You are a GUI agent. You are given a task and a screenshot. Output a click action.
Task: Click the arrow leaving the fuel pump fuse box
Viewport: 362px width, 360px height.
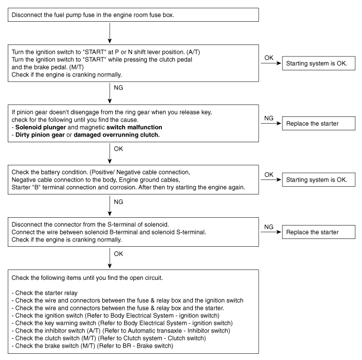[110, 33]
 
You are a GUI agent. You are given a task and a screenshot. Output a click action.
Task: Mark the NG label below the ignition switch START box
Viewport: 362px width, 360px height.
[120, 88]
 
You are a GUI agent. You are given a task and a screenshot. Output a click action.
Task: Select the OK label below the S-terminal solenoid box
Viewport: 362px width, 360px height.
[120, 253]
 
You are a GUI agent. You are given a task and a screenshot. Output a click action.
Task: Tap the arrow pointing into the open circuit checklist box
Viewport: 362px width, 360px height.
[110, 258]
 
